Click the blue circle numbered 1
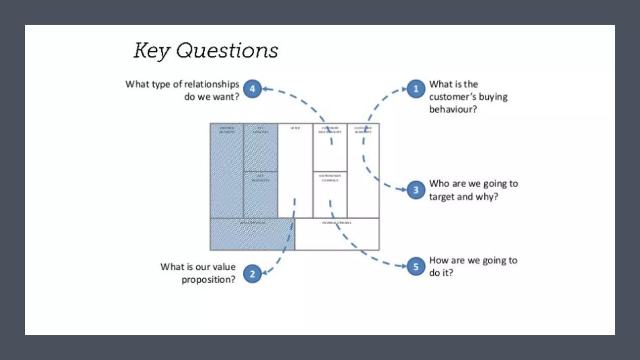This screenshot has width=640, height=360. point(416,89)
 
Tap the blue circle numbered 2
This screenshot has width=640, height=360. point(252,274)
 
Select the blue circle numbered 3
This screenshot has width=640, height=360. point(416,190)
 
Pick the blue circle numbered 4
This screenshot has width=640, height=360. point(252,89)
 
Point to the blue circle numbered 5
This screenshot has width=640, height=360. point(416,266)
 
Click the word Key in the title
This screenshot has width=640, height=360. point(152,51)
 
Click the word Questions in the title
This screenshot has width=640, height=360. point(227,51)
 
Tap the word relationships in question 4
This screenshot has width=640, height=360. point(212,84)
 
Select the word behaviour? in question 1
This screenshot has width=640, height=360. point(453,109)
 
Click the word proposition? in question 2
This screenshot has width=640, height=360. point(208,279)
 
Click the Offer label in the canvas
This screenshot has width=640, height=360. point(295,128)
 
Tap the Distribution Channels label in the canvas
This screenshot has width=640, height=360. point(330,178)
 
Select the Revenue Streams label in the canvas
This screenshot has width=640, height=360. point(337,223)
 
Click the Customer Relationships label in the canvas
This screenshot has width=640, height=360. point(330,130)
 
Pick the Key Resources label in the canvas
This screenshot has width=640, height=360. point(260,178)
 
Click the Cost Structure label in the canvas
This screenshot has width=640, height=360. point(252,223)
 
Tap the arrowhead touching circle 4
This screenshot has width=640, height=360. point(265,89)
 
